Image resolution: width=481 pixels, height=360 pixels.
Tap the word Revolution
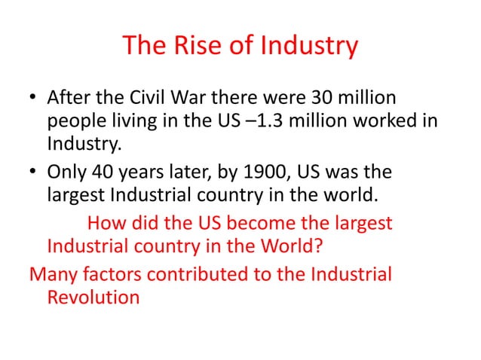tap(93, 296)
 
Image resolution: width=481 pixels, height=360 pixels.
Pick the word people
tap(72, 121)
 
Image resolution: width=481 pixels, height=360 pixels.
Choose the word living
tap(128, 121)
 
